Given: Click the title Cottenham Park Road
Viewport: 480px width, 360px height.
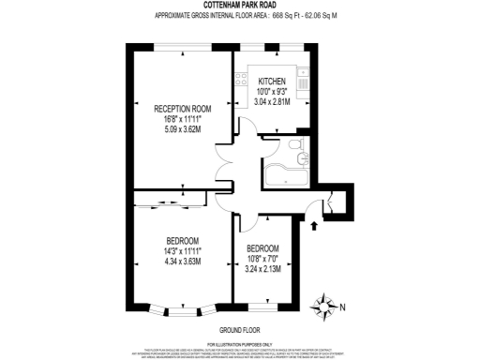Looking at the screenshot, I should tap(239, 7).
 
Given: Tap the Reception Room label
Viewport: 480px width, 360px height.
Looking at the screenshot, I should tap(182, 109).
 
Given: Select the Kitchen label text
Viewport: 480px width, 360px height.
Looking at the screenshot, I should tap(272, 81).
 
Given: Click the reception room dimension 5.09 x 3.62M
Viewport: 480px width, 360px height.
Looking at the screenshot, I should tap(182, 129).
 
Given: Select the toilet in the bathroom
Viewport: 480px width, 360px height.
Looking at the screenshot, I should tap(296, 147).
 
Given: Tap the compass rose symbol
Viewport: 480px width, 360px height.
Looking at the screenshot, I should tap(325, 305).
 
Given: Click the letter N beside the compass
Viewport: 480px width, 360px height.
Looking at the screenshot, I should tap(342, 306).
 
